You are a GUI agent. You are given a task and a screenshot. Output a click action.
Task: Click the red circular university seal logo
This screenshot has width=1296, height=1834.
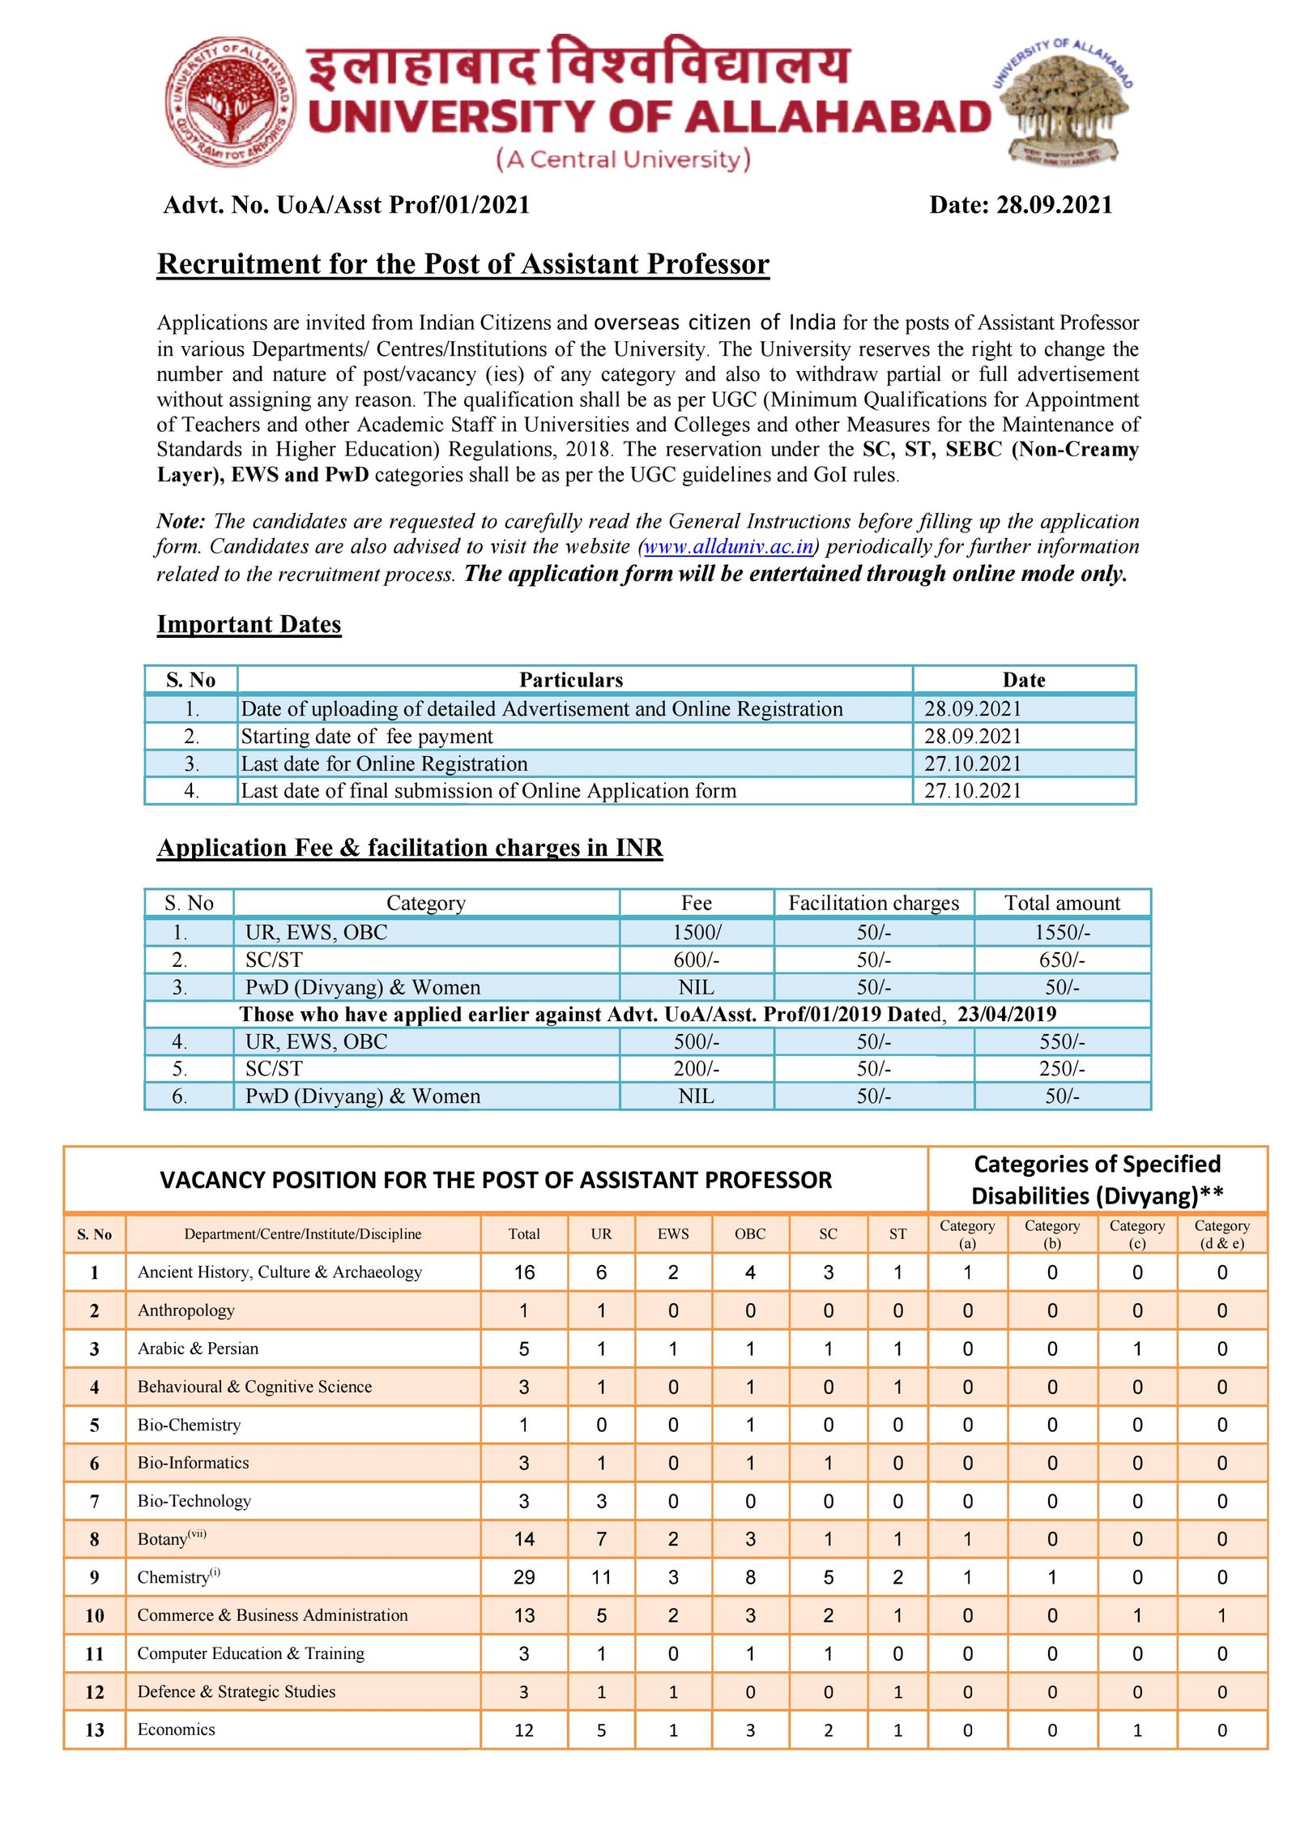pos(230,100)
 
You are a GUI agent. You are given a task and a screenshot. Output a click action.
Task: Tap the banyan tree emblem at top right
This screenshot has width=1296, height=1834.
pos(1064,101)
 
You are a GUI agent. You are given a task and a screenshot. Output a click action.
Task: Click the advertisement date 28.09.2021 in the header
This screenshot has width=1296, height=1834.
pos(1054,205)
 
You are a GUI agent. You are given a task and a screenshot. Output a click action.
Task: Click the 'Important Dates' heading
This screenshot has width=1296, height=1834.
pos(249,625)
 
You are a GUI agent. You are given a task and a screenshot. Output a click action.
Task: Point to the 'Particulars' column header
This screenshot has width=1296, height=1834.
pos(571,680)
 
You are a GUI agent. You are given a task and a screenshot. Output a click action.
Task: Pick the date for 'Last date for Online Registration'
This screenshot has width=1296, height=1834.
pos(973,763)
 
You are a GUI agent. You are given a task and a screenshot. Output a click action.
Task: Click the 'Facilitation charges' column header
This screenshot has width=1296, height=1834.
pos(873,903)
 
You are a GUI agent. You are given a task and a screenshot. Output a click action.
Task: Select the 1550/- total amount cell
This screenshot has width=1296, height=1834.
pos(1062,933)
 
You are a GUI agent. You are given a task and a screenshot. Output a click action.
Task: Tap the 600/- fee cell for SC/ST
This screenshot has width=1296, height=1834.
pos(696,960)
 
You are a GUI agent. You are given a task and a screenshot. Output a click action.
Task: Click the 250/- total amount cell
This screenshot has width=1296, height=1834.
pos(1062,1069)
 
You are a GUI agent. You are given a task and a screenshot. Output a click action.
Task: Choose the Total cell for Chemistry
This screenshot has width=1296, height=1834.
pos(524,1577)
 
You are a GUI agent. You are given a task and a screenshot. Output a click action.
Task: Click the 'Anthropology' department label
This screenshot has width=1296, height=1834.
pos(186,1310)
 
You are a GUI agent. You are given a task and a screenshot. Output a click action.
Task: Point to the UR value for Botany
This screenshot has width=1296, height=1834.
pos(601,1539)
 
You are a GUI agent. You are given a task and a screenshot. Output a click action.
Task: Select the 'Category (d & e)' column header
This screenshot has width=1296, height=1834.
pos(1221,1234)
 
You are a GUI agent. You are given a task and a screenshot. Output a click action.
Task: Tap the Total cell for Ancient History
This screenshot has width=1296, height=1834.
pos(524,1272)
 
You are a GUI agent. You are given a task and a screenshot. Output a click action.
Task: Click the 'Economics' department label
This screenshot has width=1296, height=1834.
pos(177,1729)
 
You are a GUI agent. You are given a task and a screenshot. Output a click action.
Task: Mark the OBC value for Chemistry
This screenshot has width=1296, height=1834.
pos(750,1577)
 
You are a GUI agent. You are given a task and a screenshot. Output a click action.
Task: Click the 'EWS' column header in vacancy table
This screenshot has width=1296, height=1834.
pos(673,1234)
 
